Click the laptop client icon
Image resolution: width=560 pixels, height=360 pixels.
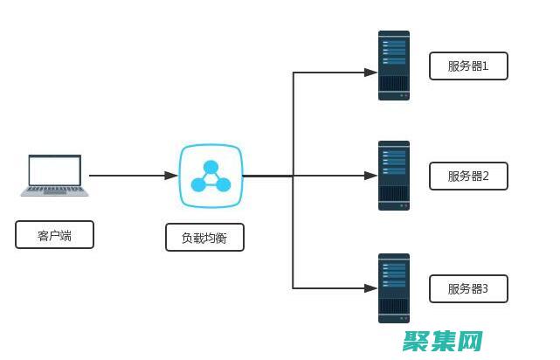pyautogui.click(x=54, y=175)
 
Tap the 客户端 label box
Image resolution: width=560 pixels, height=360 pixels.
pyautogui.click(x=54, y=235)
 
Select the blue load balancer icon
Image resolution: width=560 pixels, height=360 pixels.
pyautogui.click(x=211, y=176)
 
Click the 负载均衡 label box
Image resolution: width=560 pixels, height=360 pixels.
pyautogui.click(x=204, y=238)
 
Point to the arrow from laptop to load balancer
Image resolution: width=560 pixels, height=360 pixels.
pyautogui.click(x=131, y=176)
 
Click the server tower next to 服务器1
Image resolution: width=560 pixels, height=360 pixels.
pyautogui.click(x=394, y=66)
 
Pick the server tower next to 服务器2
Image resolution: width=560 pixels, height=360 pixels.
pyautogui.click(x=394, y=176)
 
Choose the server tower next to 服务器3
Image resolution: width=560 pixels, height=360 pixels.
pyautogui.click(x=394, y=287)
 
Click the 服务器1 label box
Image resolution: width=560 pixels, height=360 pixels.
pyautogui.click(x=468, y=66)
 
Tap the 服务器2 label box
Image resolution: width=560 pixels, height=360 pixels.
pyautogui.click(x=468, y=176)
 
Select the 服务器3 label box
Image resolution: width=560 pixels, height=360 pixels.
pyautogui.click(x=468, y=288)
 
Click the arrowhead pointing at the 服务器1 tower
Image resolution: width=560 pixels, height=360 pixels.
pyautogui.click(x=371, y=73)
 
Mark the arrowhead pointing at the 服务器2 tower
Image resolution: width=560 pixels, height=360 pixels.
pyautogui.click(x=371, y=176)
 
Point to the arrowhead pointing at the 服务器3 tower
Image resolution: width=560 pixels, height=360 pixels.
pyautogui.click(x=371, y=287)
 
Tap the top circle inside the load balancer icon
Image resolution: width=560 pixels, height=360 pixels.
pyautogui.click(x=211, y=167)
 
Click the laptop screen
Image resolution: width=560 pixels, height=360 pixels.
pyautogui.click(x=54, y=170)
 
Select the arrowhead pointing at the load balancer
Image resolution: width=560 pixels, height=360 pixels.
pyautogui.click(x=172, y=176)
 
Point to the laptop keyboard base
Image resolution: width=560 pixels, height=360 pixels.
pyautogui.click(x=54, y=190)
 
